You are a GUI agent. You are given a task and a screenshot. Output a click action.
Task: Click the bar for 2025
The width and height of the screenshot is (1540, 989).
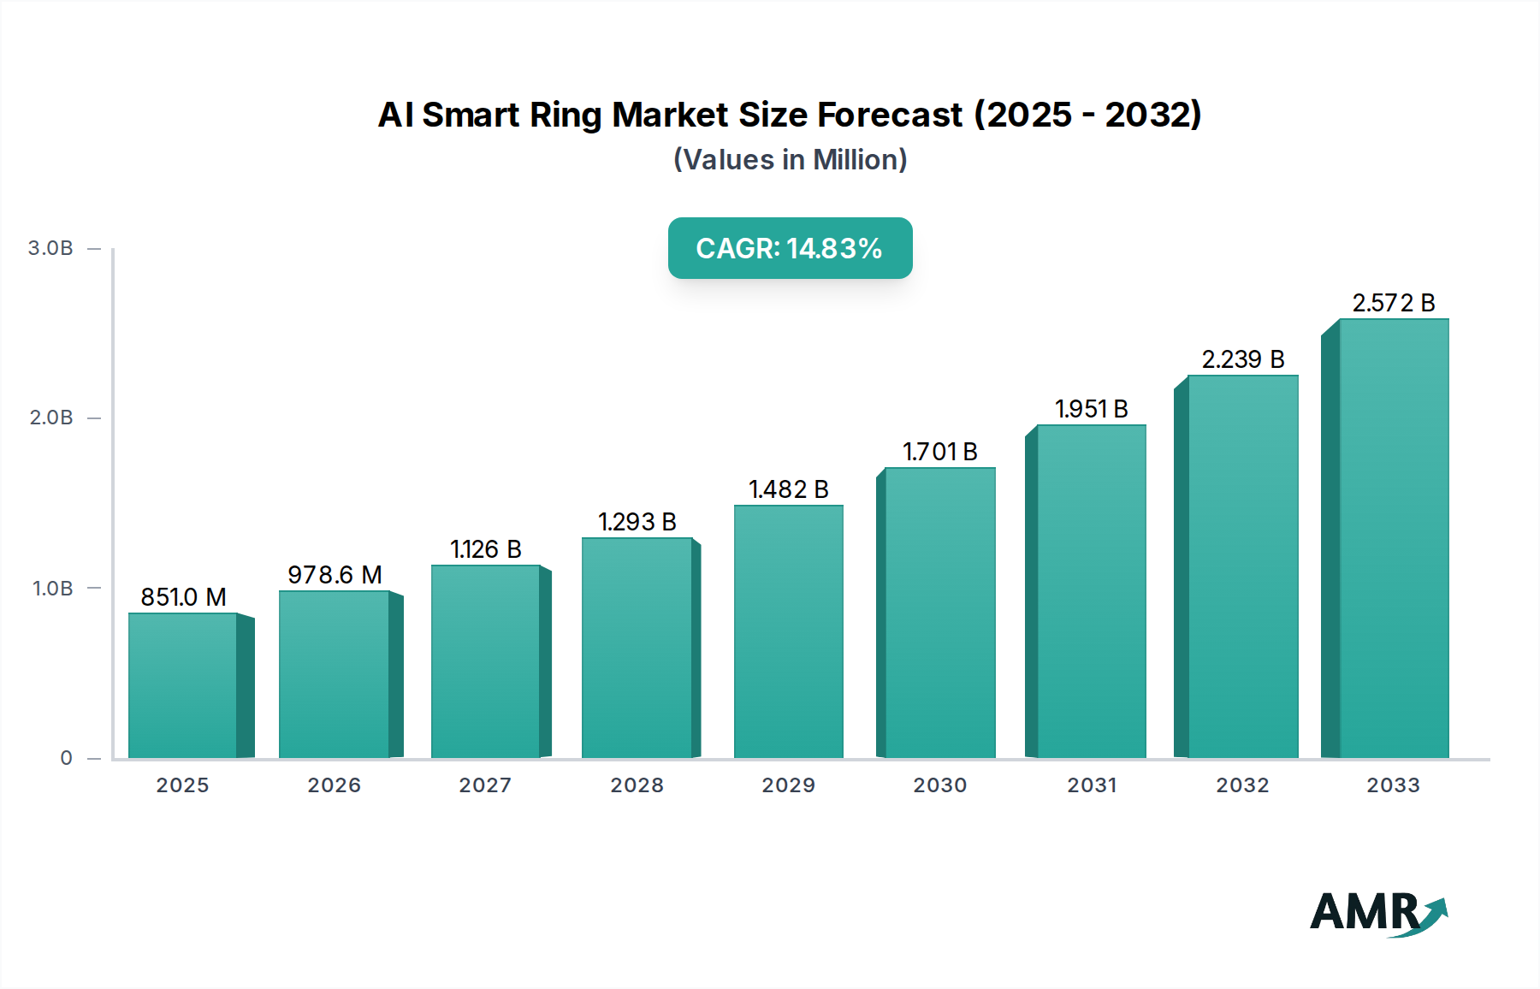183,685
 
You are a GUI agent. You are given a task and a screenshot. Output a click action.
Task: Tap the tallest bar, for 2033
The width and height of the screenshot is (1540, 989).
1394,539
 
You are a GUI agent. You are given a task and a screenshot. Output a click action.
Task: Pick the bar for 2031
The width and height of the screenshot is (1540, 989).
1092,591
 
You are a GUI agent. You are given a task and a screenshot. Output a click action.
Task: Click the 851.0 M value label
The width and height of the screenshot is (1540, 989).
183,597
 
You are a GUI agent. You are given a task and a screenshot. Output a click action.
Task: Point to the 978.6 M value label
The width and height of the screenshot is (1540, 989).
335,575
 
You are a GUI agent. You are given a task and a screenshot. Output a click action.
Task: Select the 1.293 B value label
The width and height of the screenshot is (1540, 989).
637,522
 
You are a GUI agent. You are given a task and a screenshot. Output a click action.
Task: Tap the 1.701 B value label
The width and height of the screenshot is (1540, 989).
939,452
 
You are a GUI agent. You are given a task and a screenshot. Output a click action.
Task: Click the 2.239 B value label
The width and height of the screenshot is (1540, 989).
1242,359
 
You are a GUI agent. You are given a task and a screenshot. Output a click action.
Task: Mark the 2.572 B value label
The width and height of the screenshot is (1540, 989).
1393,303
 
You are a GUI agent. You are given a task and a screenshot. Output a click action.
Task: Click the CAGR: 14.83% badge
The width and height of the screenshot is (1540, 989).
790,248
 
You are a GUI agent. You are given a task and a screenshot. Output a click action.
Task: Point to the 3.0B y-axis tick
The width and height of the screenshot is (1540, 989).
51,248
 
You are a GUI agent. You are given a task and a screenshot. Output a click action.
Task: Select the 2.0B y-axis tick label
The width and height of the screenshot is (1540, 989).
51,418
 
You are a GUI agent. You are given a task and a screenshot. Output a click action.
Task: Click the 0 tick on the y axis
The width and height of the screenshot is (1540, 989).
67,758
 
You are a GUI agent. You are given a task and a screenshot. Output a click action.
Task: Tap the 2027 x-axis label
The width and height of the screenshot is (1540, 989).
485,785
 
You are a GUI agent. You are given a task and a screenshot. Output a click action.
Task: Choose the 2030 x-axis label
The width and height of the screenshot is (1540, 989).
939,785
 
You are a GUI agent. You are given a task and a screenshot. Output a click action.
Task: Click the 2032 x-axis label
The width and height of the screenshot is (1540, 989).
1242,785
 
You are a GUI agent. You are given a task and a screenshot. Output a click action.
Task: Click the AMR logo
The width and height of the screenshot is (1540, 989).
1377,913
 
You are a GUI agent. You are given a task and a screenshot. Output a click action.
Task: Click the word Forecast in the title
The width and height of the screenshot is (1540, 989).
890,115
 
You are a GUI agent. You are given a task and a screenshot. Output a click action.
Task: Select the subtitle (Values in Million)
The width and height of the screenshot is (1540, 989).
790,160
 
